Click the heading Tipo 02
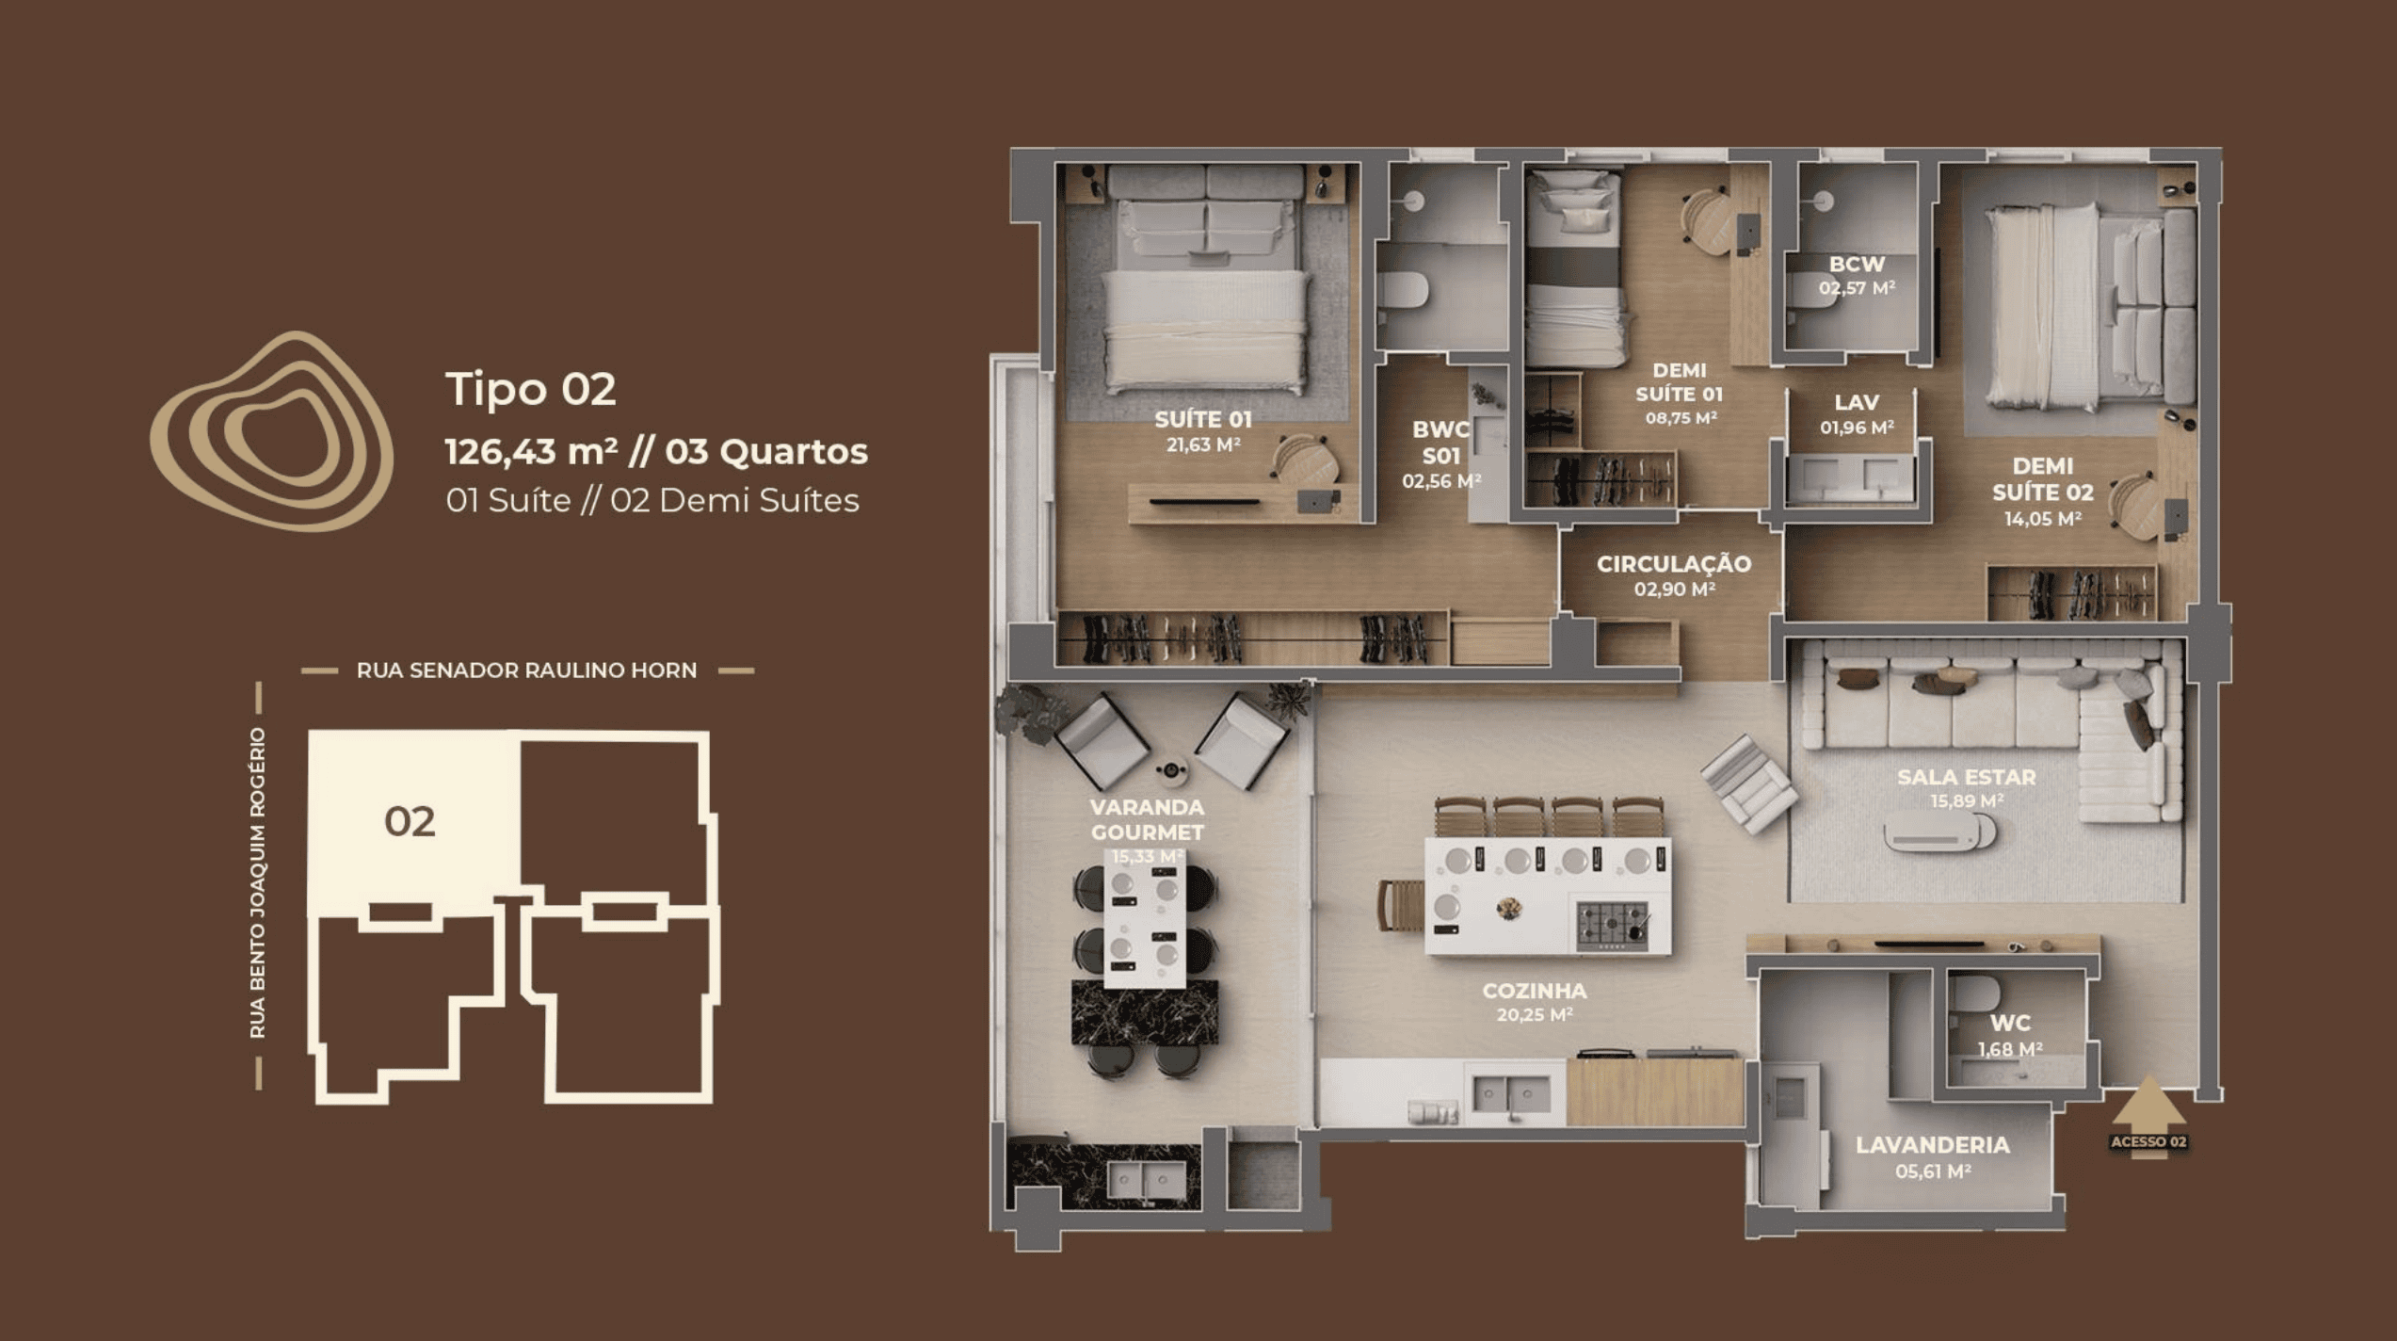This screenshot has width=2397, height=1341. coord(530,389)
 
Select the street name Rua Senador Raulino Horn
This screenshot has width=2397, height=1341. coord(526,670)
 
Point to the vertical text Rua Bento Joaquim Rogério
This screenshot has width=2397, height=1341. coord(258,883)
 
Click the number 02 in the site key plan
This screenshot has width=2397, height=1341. coord(410,822)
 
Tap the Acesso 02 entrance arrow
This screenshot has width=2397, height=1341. coord(2148,1117)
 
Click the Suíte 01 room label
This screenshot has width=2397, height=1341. coord(1203,419)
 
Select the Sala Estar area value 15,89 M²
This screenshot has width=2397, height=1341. coord(1966,801)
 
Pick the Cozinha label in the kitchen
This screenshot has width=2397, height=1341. coord(1535,991)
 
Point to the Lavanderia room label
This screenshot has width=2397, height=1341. coord(1933,1145)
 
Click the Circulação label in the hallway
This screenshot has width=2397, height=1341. coord(1674,564)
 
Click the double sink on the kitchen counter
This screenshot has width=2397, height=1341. coord(1511,1095)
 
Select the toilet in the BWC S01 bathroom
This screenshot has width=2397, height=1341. coord(1403,291)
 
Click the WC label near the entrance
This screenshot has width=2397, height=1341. coord(2010,1024)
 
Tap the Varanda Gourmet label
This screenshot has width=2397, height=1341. coord(1147,819)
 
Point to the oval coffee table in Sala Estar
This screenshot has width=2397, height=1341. coord(1939,832)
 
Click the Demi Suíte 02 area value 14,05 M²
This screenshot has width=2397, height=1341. coord(2042,519)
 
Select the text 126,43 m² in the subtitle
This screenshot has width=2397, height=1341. coord(531,451)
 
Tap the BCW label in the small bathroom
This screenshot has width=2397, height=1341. coord(1857,265)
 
